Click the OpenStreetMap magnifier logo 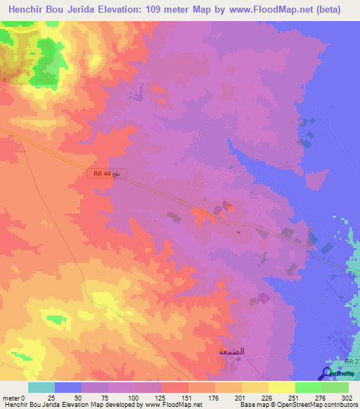point(328,373)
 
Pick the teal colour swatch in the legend point(41,387)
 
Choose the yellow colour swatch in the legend point(282,387)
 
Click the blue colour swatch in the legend point(68,387)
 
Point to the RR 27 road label point(352,361)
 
